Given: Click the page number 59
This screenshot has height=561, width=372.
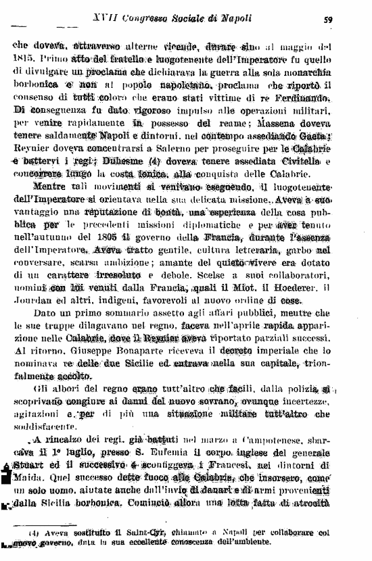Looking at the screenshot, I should [346, 20].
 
